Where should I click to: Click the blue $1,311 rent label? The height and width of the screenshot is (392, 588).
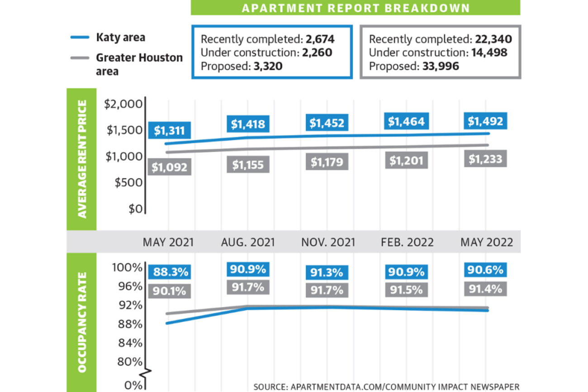tap(169, 130)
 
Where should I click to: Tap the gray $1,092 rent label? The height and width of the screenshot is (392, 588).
tap(169, 167)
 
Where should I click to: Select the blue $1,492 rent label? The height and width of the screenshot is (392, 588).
tap(485, 121)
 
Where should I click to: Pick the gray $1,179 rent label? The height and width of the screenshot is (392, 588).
tap(327, 162)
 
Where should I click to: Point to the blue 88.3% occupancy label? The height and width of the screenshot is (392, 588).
tap(170, 272)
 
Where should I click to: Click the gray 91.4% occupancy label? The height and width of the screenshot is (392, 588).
tap(485, 289)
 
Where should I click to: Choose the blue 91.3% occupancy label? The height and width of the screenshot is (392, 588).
tap(327, 272)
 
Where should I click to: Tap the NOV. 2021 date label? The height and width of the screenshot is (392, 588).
tap(328, 242)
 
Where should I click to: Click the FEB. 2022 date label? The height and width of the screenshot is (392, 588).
tap(407, 242)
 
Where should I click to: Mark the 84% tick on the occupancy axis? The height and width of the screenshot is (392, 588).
tap(130, 343)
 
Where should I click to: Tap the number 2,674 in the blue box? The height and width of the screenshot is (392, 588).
tap(318, 38)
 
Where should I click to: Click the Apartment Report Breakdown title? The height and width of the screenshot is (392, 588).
tap(356, 8)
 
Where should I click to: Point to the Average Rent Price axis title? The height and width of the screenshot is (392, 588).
tap(82, 159)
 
